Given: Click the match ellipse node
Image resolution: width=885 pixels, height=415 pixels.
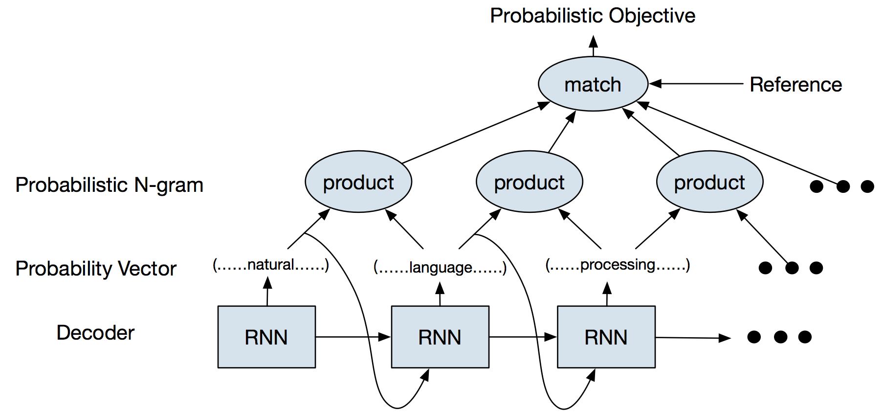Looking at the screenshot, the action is click(593, 84).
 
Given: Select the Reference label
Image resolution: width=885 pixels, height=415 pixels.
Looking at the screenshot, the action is click(796, 85).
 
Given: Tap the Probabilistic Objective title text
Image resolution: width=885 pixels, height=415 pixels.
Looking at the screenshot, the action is click(593, 16).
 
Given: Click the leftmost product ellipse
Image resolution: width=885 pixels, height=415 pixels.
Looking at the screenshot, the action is click(358, 182).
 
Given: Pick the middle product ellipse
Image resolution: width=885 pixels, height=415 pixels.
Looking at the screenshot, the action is click(529, 182).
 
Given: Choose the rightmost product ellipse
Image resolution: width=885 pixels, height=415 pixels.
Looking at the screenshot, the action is click(709, 182).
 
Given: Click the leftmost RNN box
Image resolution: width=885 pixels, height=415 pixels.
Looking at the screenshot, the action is click(266, 337).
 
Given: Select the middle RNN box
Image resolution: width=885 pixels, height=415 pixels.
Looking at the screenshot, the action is click(440, 337).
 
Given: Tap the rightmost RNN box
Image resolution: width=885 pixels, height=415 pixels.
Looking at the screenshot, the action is click(606, 337).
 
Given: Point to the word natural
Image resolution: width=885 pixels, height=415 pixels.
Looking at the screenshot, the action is click(271, 265).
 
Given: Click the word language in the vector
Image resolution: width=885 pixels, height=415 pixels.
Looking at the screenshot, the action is click(441, 267).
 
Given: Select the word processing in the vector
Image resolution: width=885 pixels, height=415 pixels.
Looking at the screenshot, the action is click(618, 265).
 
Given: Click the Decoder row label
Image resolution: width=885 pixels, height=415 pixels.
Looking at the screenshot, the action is click(95, 333).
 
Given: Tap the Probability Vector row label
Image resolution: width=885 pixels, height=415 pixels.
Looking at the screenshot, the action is click(96, 269).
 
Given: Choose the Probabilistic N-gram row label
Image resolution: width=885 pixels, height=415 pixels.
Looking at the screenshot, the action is click(109, 185).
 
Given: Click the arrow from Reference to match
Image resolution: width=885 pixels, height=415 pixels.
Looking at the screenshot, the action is click(696, 84).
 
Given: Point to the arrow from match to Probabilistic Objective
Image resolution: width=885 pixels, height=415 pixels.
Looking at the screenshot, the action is click(593, 46).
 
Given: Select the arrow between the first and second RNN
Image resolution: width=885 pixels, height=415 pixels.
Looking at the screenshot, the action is click(353, 337).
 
